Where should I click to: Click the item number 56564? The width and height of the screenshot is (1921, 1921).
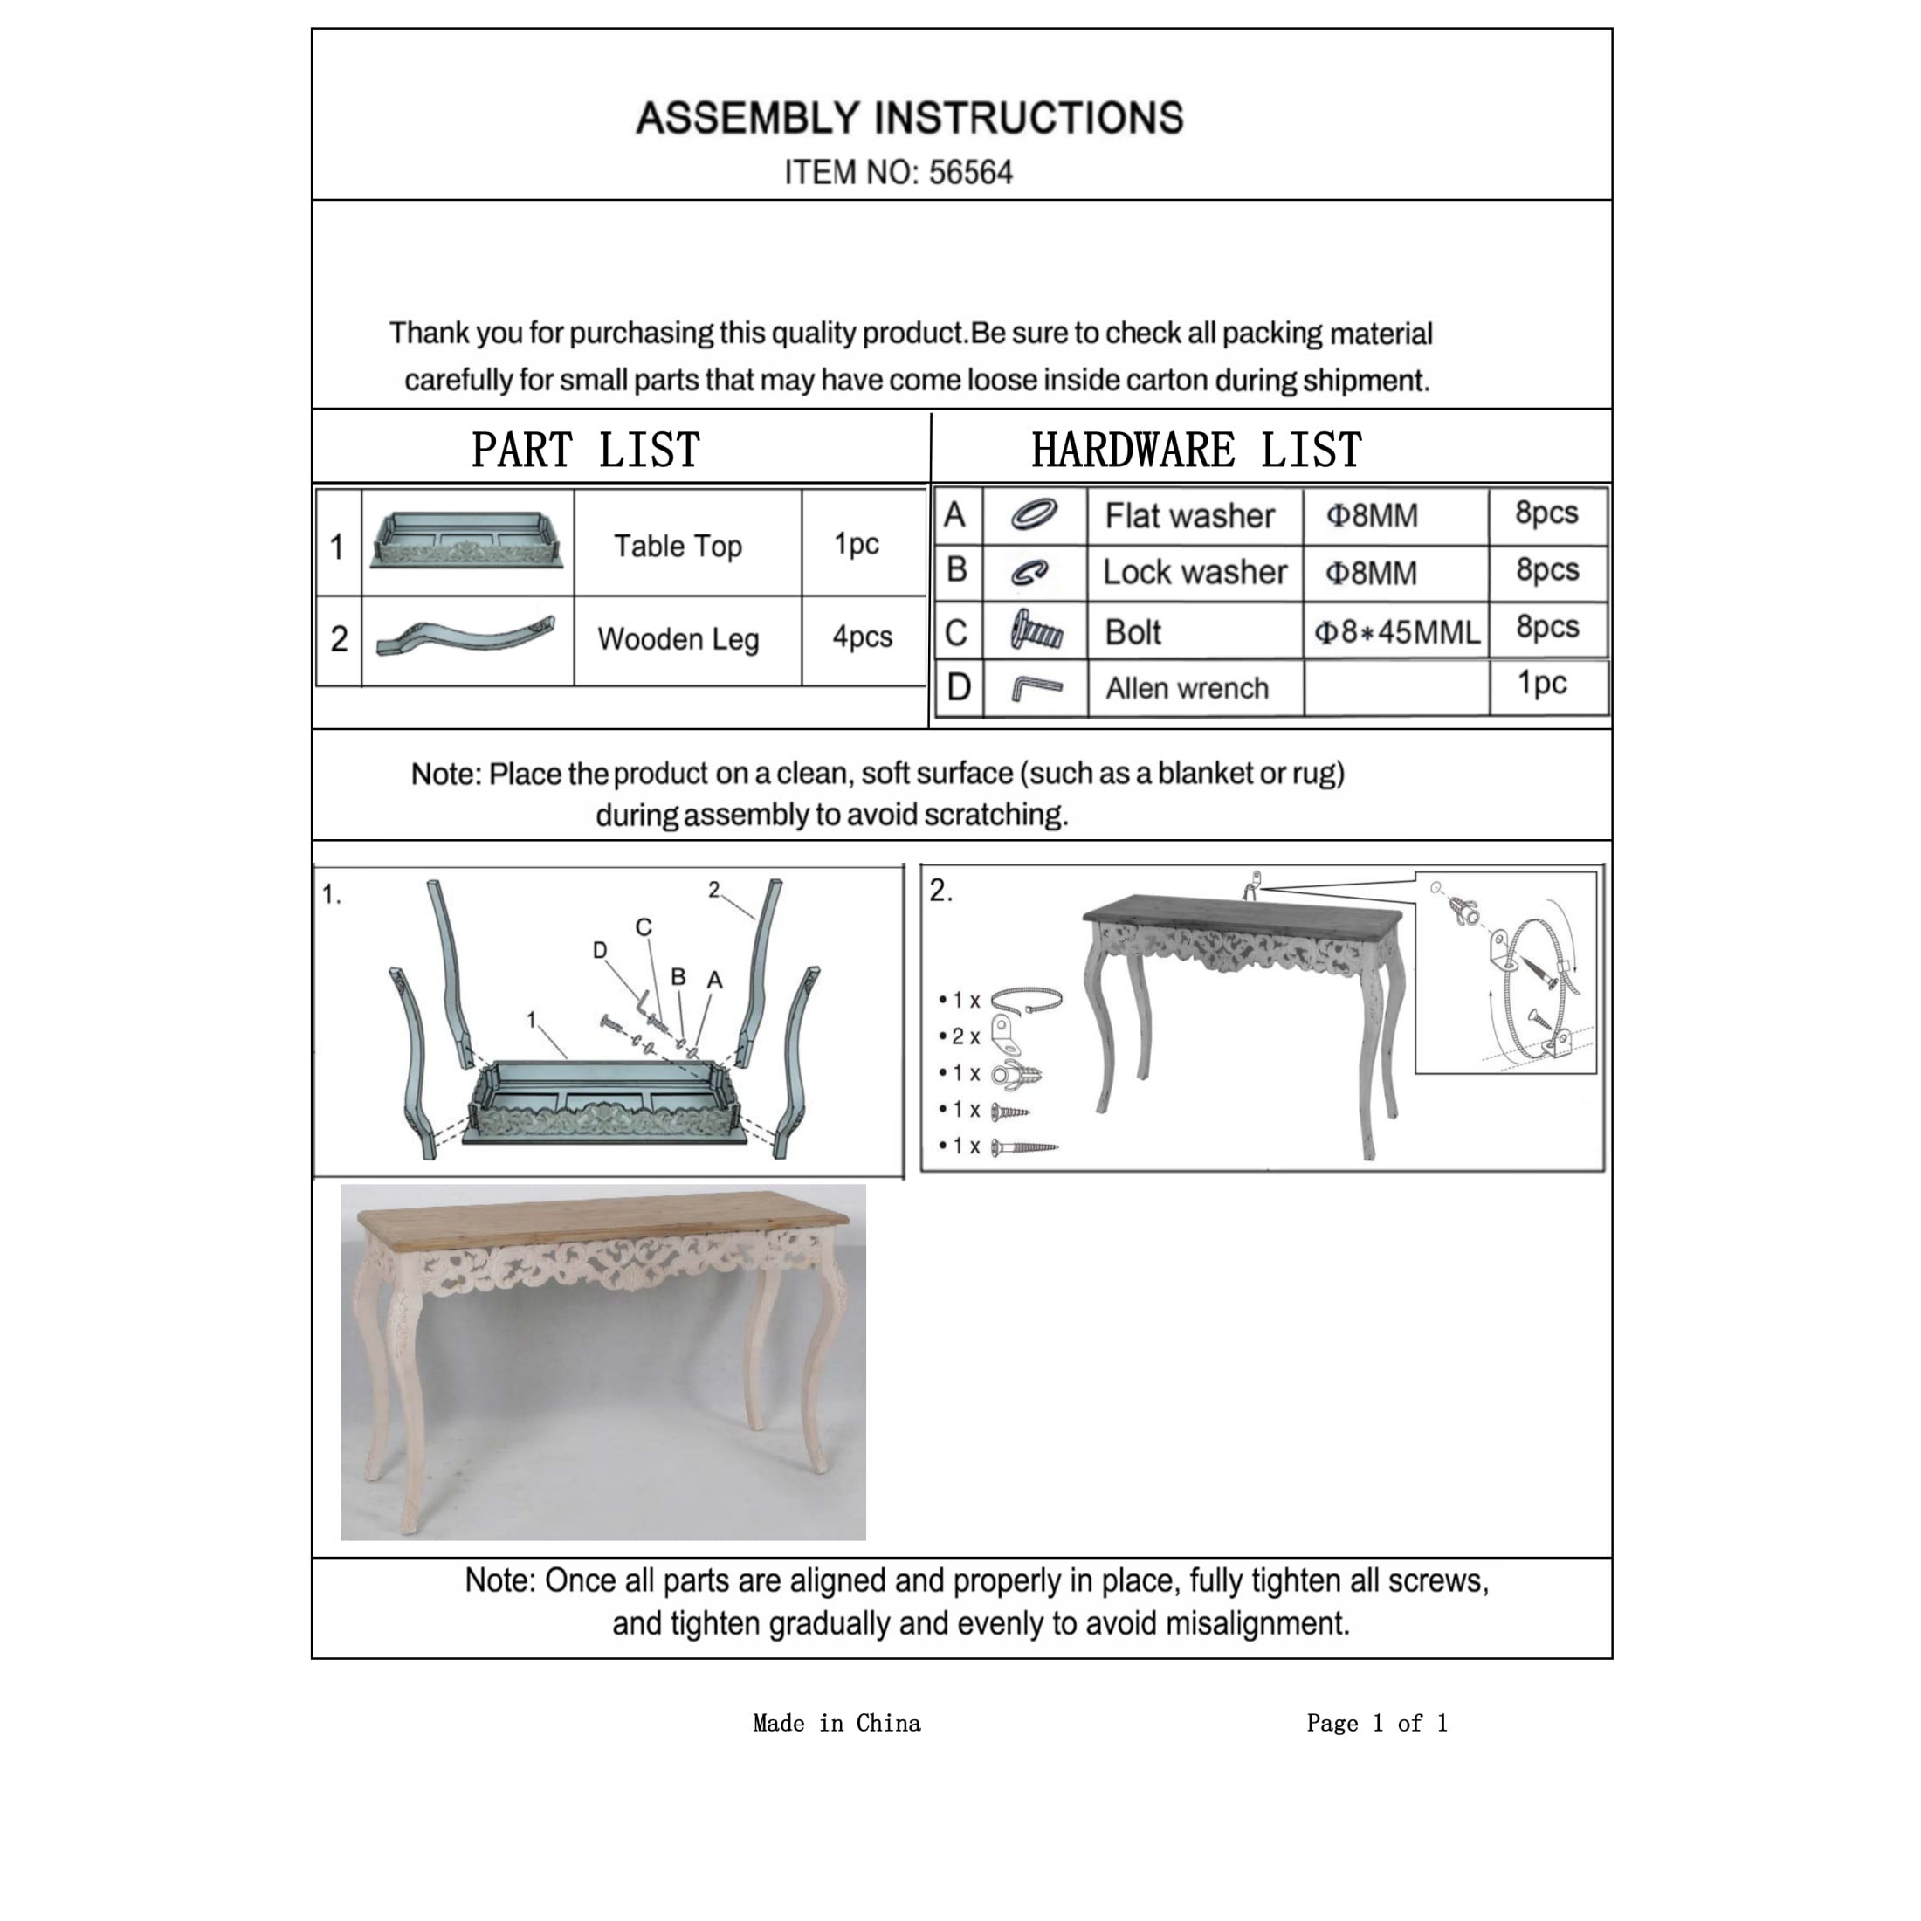coord(969,173)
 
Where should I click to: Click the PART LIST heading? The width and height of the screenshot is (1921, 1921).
coord(586,451)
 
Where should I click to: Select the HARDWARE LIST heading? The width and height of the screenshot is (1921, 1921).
coord(1196,451)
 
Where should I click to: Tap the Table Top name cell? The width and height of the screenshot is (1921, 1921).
coord(677,546)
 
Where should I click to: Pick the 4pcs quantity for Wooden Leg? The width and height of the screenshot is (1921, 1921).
coord(862,637)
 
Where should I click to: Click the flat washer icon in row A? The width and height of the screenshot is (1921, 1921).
coord(1033,515)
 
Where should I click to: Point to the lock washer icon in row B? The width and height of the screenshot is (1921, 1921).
coord(1030,573)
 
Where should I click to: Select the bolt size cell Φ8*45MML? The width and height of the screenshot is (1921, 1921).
coord(1396,632)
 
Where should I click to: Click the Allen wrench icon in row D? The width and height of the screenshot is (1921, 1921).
coord(1035,688)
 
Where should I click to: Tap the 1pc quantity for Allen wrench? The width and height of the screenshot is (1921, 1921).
coord(1541,684)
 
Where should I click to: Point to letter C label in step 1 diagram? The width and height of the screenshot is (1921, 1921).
coord(644,926)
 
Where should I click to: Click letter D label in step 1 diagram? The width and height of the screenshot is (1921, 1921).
coord(600,951)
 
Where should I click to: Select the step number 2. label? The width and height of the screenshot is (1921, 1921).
coord(940,891)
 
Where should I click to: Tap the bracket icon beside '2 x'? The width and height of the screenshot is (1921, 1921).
coord(1008,1036)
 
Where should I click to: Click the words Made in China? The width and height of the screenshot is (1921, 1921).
coord(837,1723)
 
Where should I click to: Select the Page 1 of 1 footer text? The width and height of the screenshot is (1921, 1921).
coord(1376,1723)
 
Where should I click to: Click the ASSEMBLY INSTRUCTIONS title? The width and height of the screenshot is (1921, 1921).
coord(909,119)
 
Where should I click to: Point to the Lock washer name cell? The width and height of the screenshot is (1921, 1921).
coord(1195,573)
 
